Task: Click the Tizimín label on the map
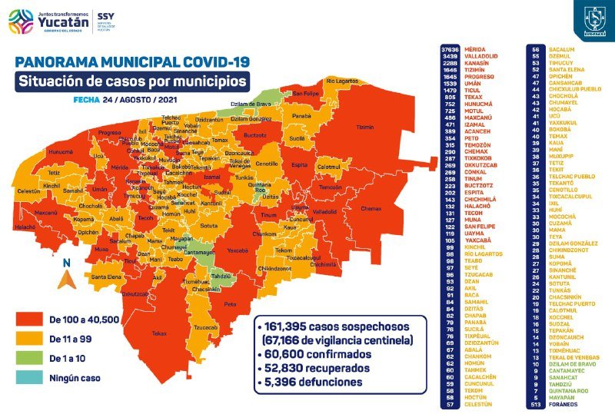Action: (x=365, y=128)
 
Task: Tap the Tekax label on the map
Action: (x=159, y=333)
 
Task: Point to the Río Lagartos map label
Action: (x=342, y=80)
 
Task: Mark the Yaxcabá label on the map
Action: (x=238, y=250)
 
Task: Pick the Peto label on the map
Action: (x=229, y=305)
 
